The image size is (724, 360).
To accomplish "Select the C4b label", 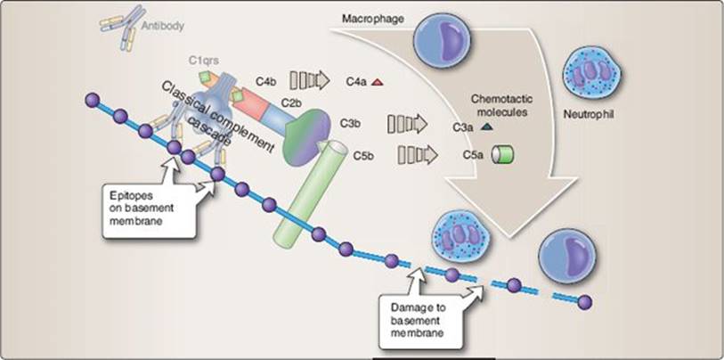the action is tap(266, 82).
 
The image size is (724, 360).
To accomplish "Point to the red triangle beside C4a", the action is tap(377, 82).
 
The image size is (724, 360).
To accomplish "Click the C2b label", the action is tap(291, 102).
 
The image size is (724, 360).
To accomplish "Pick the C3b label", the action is tap(350, 124).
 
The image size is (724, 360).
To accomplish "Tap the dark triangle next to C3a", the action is tap(485, 126).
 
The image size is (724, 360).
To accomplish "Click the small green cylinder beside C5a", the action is tap(502, 155).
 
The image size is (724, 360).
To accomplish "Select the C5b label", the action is tap(364, 156).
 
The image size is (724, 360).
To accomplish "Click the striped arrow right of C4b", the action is tap(309, 81).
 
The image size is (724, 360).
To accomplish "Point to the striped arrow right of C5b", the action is tap(418, 155).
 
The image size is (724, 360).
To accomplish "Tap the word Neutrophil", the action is tap(589, 114).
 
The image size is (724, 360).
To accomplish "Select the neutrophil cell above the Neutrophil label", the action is tap(591, 74).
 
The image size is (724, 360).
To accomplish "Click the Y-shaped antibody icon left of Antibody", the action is tap(119, 27).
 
